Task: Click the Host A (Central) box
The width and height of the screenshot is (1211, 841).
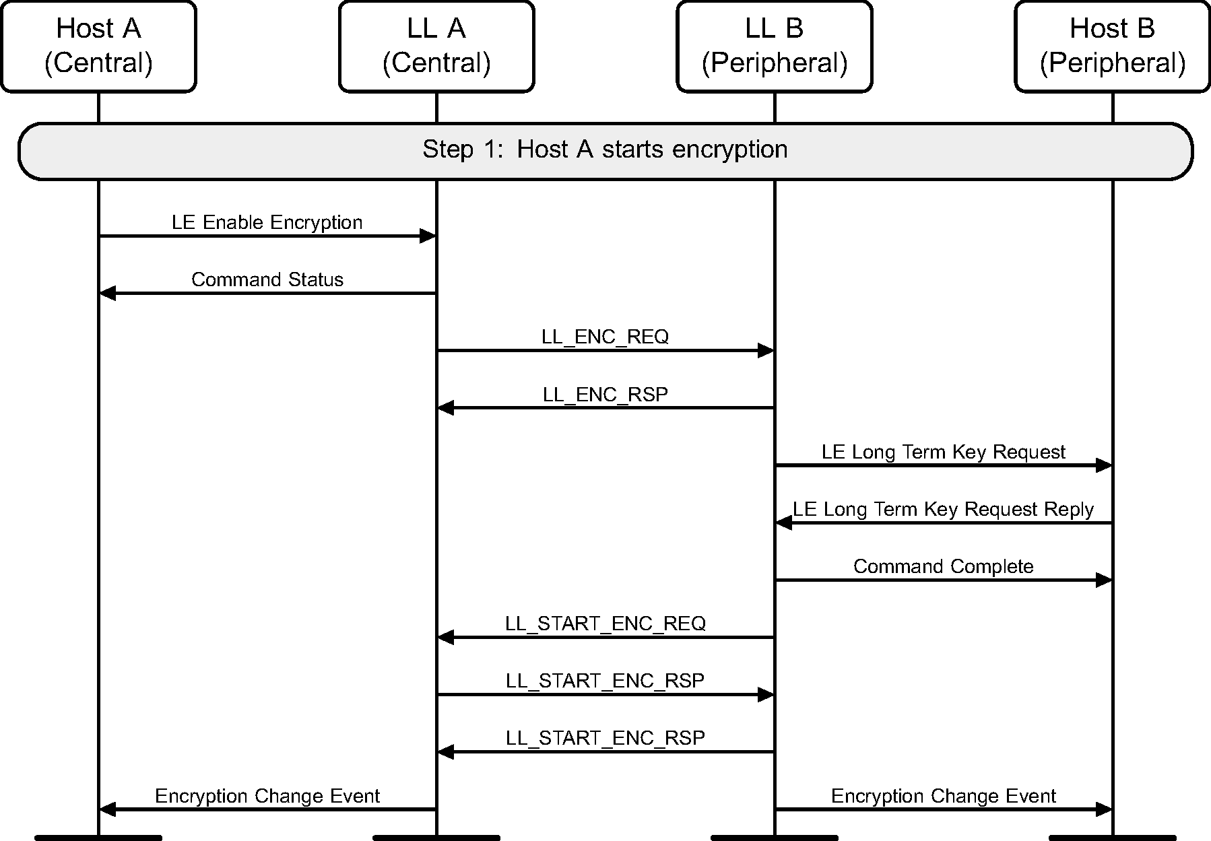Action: [x=98, y=46]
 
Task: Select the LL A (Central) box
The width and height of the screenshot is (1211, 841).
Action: [x=436, y=46]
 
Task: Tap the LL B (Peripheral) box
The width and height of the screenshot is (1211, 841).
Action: [x=775, y=46]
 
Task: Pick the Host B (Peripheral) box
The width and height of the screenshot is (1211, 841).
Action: [x=1112, y=46]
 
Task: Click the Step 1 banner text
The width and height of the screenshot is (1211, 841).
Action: [x=605, y=149]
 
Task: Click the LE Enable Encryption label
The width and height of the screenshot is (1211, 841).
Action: [x=267, y=222]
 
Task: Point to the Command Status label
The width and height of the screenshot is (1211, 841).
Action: [x=267, y=279]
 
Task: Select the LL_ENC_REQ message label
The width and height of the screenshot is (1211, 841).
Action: [x=605, y=337]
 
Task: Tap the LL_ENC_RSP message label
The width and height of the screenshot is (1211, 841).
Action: [x=605, y=394]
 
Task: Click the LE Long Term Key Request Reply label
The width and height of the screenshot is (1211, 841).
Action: [x=943, y=509]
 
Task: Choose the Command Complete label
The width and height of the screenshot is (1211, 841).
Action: [x=943, y=566]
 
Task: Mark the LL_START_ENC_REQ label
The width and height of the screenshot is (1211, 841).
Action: [x=605, y=624]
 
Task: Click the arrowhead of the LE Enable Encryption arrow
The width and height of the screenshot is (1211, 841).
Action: [x=428, y=236]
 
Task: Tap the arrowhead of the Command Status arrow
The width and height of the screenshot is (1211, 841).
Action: [x=107, y=293]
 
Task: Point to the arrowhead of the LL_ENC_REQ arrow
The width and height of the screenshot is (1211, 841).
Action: [x=766, y=350]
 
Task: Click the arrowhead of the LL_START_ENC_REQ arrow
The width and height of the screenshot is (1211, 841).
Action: [x=445, y=637]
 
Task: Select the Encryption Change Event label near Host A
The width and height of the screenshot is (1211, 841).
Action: [x=267, y=796]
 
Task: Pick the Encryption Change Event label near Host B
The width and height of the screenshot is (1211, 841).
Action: [x=943, y=796]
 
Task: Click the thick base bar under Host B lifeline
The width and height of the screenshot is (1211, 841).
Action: [x=1112, y=838]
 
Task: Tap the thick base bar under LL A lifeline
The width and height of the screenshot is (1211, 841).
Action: [x=436, y=838]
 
